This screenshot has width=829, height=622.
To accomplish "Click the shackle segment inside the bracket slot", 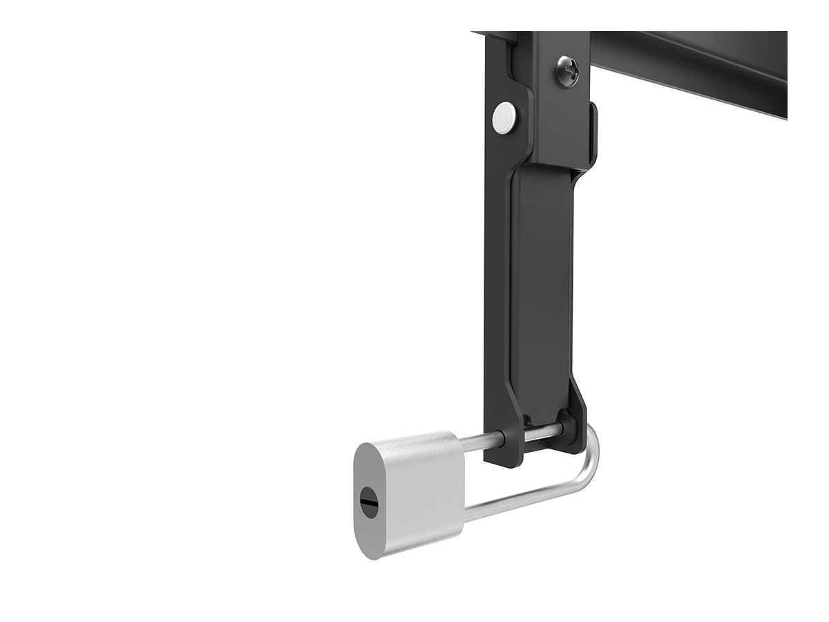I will pyautogui.click(x=542, y=431).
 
